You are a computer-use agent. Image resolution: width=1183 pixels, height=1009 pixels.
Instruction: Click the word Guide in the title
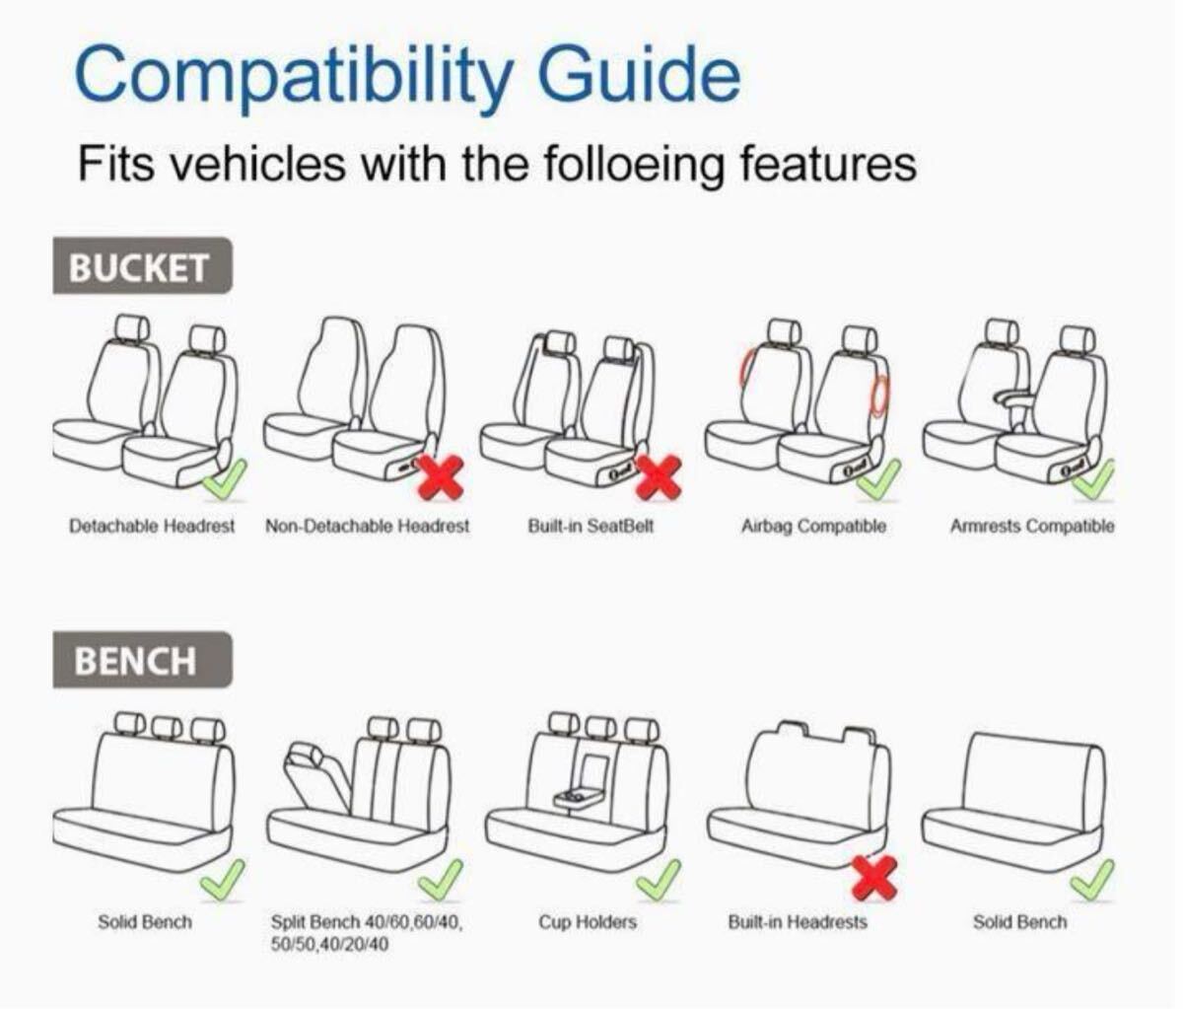[x=639, y=75]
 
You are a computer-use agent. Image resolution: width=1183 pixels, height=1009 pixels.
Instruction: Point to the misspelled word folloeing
[x=633, y=166]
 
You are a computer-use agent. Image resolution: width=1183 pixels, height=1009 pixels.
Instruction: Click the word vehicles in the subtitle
[x=258, y=165]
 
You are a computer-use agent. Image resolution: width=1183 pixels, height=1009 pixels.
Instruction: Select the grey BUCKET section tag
[x=143, y=265]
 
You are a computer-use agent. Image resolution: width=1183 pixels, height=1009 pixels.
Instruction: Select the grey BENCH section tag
[x=143, y=660]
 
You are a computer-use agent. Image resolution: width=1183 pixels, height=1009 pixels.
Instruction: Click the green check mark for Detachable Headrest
[x=226, y=479]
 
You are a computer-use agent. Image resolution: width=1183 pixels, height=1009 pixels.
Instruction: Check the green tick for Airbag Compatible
[x=878, y=479]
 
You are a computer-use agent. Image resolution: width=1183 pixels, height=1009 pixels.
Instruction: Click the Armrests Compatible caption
[x=1032, y=526]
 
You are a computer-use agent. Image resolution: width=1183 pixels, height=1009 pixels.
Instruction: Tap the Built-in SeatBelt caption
[x=591, y=526]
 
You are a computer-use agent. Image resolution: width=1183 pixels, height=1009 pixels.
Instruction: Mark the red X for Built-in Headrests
[x=874, y=878]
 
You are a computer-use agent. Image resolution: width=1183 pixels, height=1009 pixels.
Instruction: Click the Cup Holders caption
[x=588, y=922]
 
